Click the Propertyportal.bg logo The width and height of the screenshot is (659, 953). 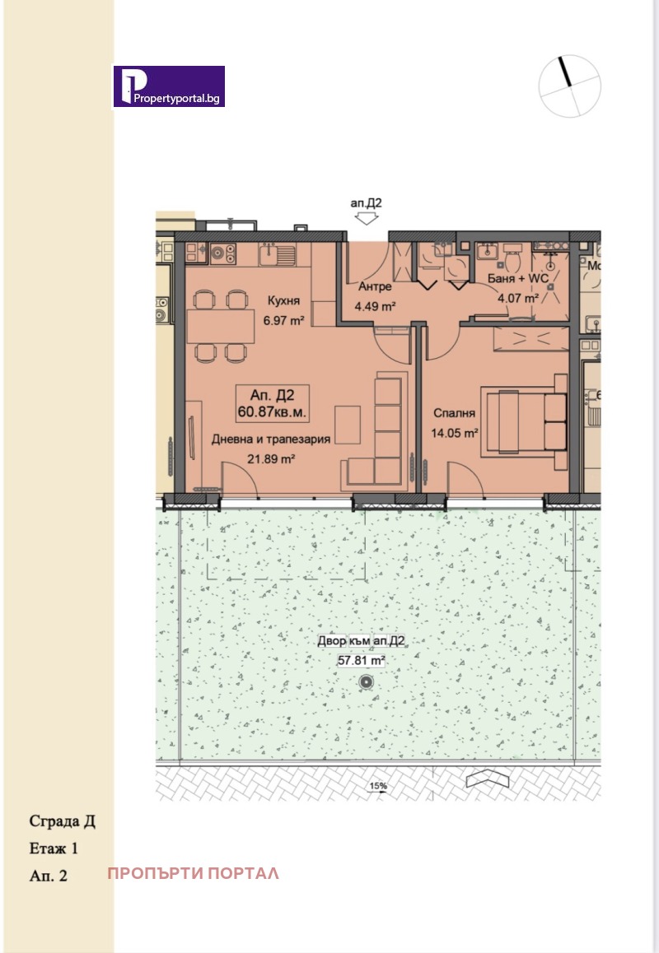coord(169,86)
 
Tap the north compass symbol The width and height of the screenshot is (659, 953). coord(569,86)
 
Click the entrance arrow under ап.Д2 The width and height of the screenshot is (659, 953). coord(366,218)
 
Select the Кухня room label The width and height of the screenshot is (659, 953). coord(283,300)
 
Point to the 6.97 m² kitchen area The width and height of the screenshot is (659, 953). coord(283,319)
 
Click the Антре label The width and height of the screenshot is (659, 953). coord(375,286)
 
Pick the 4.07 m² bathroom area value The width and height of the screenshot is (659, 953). coord(518,299)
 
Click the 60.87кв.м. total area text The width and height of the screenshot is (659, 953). coord(273,412)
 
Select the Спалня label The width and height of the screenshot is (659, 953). coord(454,413)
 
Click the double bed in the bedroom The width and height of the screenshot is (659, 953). coord(524,422)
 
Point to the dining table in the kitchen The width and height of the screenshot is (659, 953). coord(220,326)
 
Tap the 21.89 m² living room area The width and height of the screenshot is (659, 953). coord(271,458)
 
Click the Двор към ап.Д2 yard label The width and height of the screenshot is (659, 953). coord(361,640)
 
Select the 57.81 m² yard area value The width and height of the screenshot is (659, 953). coord(362,660)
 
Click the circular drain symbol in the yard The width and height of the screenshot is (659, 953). coord(366,682)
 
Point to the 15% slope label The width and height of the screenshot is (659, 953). coord(378,785)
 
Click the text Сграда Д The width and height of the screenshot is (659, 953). coord(62,821)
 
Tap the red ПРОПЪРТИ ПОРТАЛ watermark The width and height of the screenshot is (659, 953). coord(194,873)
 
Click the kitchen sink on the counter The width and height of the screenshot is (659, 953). coord(278,254)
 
